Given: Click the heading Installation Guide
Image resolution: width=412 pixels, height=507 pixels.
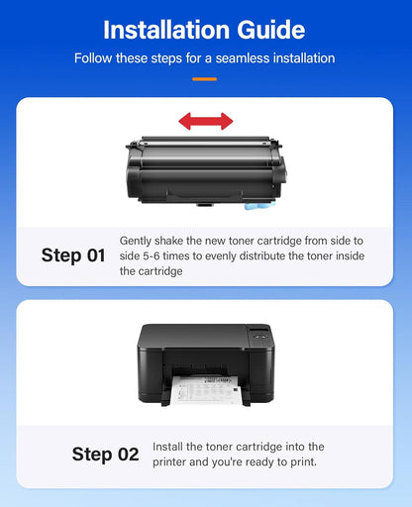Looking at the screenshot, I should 205,29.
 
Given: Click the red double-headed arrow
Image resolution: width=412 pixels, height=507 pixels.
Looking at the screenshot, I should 206,121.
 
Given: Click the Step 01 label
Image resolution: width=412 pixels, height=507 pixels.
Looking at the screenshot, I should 73,255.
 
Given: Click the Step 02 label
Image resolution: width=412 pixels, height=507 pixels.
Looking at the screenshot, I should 105,455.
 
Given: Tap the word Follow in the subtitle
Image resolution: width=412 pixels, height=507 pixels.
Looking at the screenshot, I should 94,58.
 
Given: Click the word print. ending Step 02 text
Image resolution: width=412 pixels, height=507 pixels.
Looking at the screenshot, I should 304,462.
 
